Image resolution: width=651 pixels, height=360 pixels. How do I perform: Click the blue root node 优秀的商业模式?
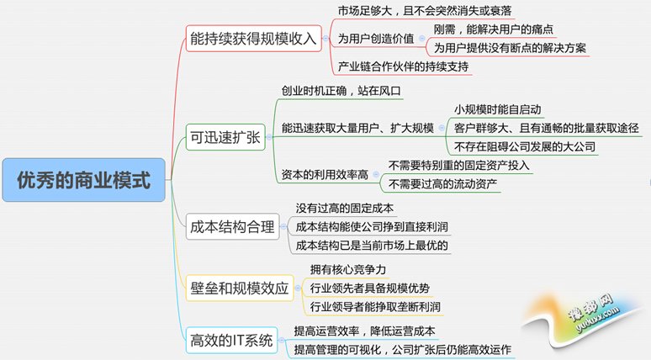click(84, 180)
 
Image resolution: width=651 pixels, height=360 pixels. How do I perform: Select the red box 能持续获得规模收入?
click(254, 39)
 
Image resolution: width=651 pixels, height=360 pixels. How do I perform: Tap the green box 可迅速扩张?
click(225, 137)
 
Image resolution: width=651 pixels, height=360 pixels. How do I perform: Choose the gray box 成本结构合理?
click(232, 227)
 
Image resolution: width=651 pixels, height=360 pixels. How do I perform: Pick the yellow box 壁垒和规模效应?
click(240, 288)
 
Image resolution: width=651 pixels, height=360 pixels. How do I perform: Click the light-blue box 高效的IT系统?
click(231, 341)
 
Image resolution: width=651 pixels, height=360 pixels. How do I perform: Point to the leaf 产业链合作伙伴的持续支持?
click(403, 66)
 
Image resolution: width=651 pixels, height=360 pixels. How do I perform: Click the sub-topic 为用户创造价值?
click(376, 39)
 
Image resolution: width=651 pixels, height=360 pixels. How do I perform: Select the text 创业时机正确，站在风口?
click(341, 91)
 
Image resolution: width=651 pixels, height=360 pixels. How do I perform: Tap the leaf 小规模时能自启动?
click(497, 109)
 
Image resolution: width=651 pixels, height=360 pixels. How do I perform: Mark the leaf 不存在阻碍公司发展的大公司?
click(525, 146)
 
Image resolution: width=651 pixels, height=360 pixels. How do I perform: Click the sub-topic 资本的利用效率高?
click(325, 175)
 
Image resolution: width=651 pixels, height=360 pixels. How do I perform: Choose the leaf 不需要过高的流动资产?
click(442, 184)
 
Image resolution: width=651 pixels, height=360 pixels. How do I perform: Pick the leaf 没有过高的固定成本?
click(345, 208)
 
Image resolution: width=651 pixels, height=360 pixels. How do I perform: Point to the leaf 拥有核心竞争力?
click(348, 269)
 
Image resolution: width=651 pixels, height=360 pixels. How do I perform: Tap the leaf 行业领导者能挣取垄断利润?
click(375, 307)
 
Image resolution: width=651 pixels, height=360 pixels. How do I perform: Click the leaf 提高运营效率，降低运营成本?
click(364, 331)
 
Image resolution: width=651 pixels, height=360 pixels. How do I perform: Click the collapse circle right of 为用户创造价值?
click(422, 39)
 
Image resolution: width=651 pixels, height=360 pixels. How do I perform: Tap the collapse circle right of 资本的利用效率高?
click(376, 175)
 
